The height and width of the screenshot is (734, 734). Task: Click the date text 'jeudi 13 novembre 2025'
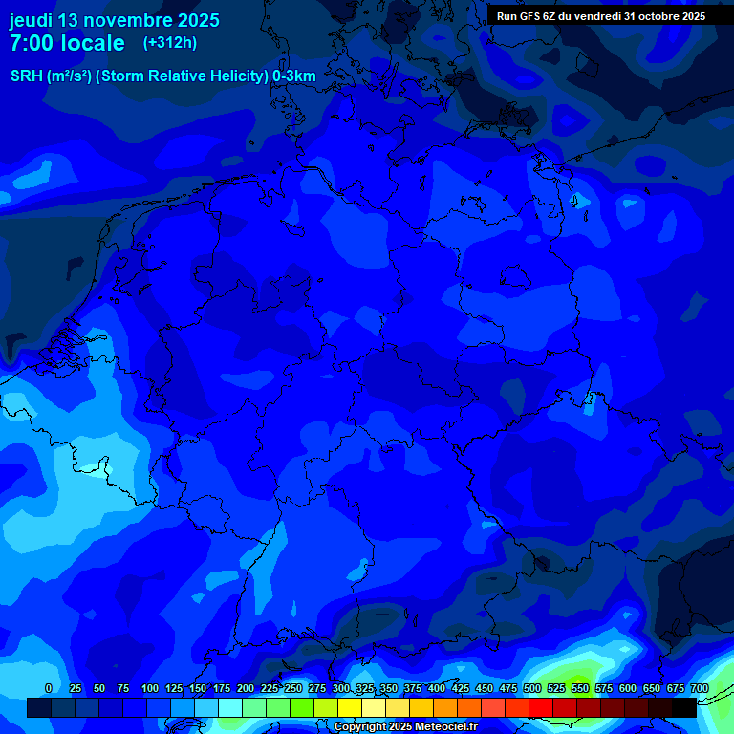coord(114,20)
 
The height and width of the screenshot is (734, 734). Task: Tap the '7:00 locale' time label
coord(67,43)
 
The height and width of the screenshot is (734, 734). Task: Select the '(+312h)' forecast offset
coord(169,42)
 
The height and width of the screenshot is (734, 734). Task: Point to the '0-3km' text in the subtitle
coord(293,76)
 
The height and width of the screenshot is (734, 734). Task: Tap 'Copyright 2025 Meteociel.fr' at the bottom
coord(405,727)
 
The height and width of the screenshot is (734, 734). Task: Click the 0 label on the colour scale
coord(49,688)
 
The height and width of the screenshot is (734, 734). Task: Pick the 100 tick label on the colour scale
coord(150,688)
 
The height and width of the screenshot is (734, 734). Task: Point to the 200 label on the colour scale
coord(246,688)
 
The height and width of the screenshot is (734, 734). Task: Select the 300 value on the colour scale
coord(341,688)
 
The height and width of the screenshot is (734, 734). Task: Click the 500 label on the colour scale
coord(532,688)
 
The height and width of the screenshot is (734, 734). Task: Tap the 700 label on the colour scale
coord(700,688)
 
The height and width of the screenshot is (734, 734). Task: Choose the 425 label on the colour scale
coord(461,688)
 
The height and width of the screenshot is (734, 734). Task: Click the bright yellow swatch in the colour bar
coord(350,707)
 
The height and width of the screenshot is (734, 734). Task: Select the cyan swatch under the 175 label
coord(230,707)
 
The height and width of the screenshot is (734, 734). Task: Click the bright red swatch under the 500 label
coord(541,707)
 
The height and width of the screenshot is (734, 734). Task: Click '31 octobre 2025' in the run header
coord(664,16)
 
